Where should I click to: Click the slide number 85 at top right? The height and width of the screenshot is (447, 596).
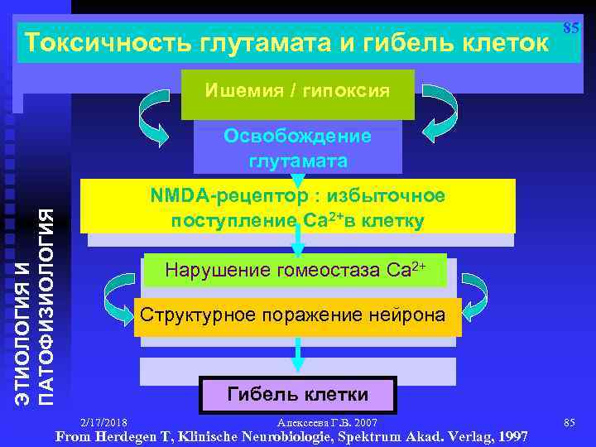coord(570,28)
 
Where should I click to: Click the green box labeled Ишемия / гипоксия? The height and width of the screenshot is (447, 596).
coord(298,90)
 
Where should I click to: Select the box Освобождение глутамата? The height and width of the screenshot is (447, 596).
coord(298,147)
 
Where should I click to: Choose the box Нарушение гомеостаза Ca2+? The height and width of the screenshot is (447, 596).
coord(296,270)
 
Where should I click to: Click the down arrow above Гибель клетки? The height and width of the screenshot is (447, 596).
coord(298,353)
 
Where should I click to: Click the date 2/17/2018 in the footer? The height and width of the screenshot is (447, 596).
coord(105,423)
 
